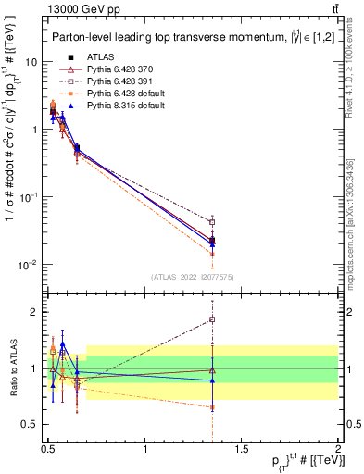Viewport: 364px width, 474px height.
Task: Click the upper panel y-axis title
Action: tap(12, 153)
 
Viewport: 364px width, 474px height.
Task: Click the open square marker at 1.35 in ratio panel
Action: tap(213, 319)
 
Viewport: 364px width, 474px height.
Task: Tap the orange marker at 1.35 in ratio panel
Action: tap(213, 406)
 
